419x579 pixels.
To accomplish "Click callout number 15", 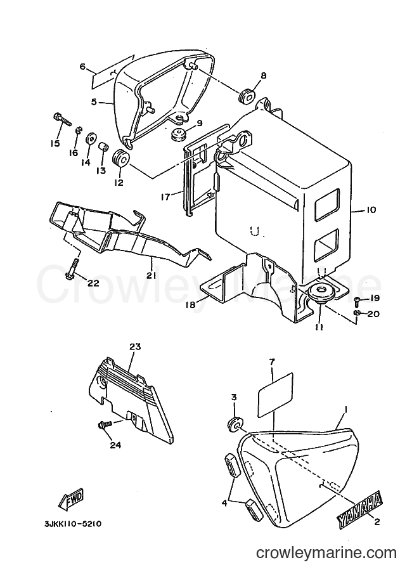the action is (55, 143).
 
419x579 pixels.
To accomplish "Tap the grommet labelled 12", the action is (120, 159).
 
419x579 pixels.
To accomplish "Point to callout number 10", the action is (371, 210).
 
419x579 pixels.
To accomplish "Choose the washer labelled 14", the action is (90, 140).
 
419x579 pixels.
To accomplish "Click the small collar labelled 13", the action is (103, 149).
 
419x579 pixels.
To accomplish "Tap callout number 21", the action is (151, 275).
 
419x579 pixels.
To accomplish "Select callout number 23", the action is (135, 347).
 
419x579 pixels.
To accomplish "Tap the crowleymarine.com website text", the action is (326, 553).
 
